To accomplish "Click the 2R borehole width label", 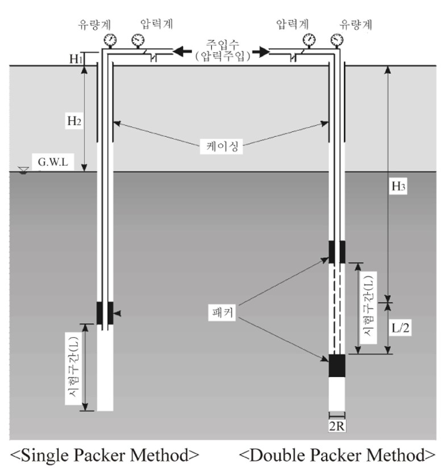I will pyautogui.click(x=336, y=426).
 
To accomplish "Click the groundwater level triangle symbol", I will pyautogui.click(x=23, y=170).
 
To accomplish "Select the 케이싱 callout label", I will pyautogui.click(x=221, y=147).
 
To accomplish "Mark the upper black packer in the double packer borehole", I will pyautogui.click(x=336, y=252).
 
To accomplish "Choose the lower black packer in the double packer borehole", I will pyautogui.click(x=336, y=365).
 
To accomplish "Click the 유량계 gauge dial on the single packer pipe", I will pyautogui.click(x=110, y=40).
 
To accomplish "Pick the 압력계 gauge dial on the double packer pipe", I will pyautogui.click(x=309, y=40).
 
